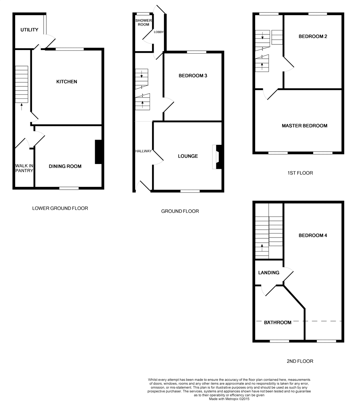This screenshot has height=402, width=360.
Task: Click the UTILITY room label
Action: point(30,30)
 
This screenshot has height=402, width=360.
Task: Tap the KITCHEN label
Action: point(66,82)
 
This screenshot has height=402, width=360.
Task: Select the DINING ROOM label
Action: point(65,166)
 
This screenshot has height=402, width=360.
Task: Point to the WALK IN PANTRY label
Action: point(24,168)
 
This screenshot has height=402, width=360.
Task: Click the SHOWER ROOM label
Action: point(142,22)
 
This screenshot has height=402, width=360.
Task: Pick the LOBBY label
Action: point(159,32)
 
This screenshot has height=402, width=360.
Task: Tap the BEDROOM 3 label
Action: point(193,76)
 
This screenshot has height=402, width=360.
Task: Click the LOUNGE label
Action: point(188,156)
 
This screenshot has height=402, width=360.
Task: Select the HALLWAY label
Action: point(143,151)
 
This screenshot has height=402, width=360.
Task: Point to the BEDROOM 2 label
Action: point(313,37)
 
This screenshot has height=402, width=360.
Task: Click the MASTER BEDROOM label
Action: point(304,126)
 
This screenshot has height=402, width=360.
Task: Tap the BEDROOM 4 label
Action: point(313,235)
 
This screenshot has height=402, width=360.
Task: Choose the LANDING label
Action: point(269,273)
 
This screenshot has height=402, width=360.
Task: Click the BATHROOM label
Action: point(278,323)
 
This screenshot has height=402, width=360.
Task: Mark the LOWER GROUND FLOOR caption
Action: point(60,208)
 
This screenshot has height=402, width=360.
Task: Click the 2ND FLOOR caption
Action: point(300,361)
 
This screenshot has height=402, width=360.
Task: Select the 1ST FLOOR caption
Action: point(300,173)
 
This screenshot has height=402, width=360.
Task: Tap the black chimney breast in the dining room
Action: point(99,152)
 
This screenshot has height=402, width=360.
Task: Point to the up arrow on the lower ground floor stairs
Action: point(21,106)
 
